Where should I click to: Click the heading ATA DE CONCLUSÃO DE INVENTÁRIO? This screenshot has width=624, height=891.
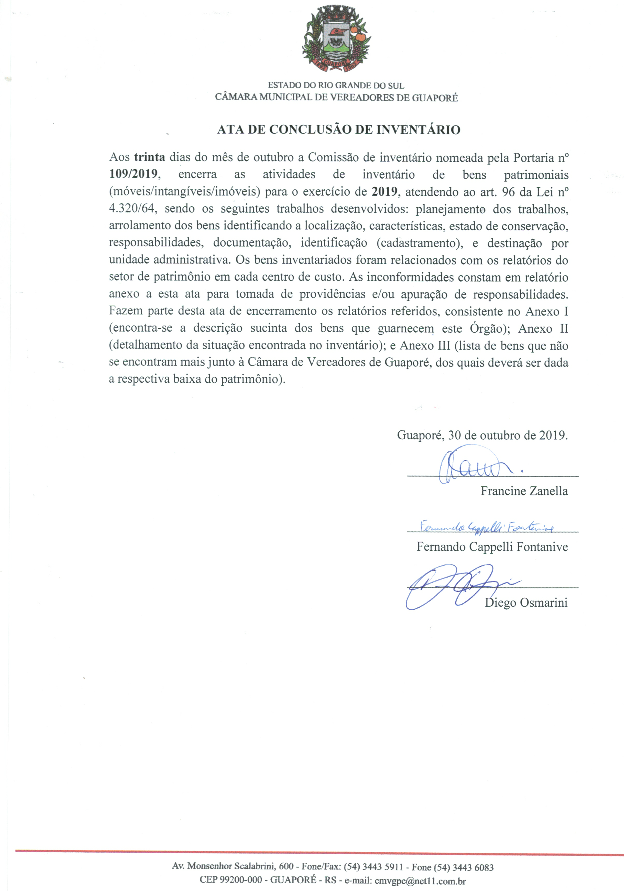pos(339,130)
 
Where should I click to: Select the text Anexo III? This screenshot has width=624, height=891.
pos(425,345)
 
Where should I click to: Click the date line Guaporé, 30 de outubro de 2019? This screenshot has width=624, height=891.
pos(482,435)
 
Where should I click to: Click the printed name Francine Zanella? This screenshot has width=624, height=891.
pos(524,491)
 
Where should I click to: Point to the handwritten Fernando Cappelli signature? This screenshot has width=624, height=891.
pos(487,527)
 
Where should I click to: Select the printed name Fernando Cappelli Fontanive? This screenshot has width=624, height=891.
pos(492,547)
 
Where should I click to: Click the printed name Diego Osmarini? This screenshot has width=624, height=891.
pos(526,603)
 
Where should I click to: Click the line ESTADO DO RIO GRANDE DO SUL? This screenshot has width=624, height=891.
pos(336,85)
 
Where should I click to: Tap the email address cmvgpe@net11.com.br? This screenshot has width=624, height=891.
pos(420,880)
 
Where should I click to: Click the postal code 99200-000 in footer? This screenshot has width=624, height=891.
pos(241,880)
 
